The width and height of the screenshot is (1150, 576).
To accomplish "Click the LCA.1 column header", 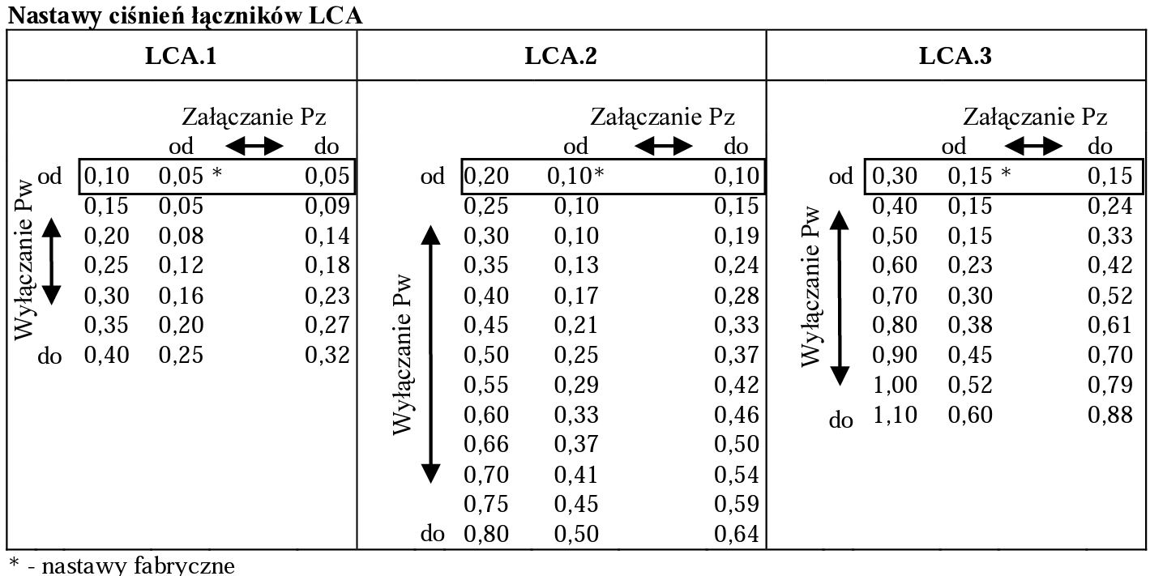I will point(182,57).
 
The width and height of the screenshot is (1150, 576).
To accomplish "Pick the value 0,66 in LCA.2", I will point(485,444).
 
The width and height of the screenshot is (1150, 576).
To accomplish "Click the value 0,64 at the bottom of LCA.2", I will point(737,534).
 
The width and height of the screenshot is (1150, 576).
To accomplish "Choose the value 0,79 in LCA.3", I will point(1109,386).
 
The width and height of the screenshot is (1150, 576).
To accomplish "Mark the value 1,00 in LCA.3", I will point(895,386).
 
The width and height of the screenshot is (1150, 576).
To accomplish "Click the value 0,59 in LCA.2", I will point(737,504).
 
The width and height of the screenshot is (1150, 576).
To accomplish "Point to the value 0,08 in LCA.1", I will point(181,237).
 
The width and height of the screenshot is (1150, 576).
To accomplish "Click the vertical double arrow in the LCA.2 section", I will point(431,354).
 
